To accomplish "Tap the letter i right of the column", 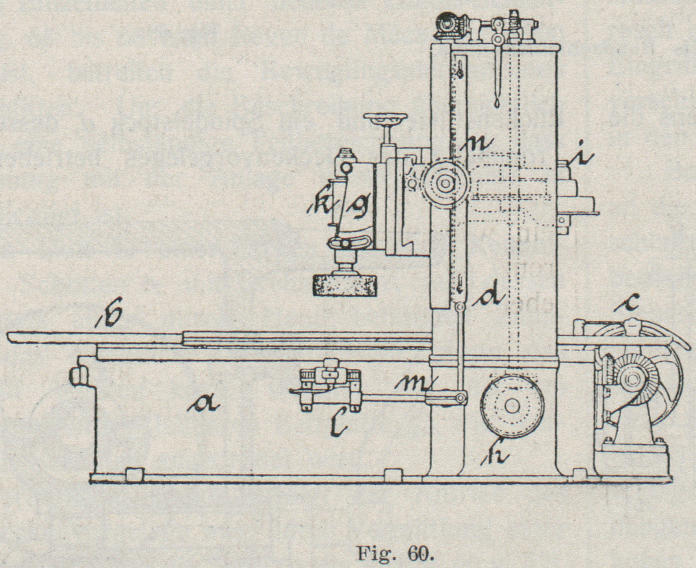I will (582, 157).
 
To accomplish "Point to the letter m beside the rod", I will (416, 383).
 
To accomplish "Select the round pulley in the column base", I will (512, 408).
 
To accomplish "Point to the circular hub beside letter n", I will (445, 183).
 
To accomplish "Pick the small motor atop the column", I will (449, 24).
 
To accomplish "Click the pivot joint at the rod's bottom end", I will (459, 399).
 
